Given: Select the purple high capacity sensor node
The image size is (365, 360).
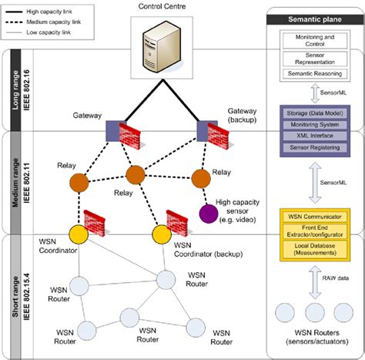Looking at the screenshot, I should tap(206, 212).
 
